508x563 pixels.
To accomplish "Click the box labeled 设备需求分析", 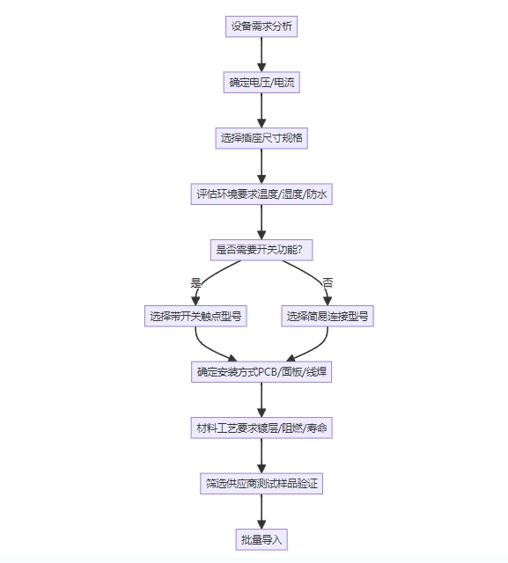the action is pyautogui.click(x=261, y=26).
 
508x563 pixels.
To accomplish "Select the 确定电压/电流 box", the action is pyautogui.click(x=261, y=82).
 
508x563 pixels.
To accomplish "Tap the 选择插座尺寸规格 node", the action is pyautogui.click(x=261, y=138).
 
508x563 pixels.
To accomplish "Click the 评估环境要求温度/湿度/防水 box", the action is pyautogui.click(x=261, y=194).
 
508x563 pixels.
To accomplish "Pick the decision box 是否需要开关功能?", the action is pyautogui.click(x=261, y=250).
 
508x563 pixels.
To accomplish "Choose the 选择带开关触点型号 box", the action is pyautogui.click(x=195, y=317).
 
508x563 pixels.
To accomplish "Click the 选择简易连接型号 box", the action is pyautogui.click(x=328, y=317).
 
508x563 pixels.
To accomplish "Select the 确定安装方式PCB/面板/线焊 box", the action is pyautogui.click(x=261, y=372).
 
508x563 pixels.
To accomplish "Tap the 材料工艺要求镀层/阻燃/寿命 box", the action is pyautogui.click(x=261, y=428).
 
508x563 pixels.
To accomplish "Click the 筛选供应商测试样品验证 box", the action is pyautogui.click(x=261, y=484).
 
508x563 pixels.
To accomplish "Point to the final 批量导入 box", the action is pyautogui.click(x=261, y=539).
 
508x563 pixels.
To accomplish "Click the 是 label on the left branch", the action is pyautogui.click(x=195, y=283).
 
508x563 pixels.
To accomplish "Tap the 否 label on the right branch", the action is pyautogui.click(x=328, y=283).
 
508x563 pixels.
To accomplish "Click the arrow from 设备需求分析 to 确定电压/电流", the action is pyautogui.click(x=261, y=55).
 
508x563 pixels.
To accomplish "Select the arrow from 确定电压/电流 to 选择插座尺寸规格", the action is pyautogui.click(x=261, y=110).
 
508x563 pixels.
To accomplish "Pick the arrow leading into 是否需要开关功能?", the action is pyautogui.click(x=261, y=223).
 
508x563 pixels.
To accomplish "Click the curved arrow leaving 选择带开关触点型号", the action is pyautogui.click(x=209, y=349).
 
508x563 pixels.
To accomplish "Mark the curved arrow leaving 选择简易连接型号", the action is pyautogui.click(x=315, y=349).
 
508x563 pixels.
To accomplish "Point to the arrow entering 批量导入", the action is pyautogui.click(x=261, y=512).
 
